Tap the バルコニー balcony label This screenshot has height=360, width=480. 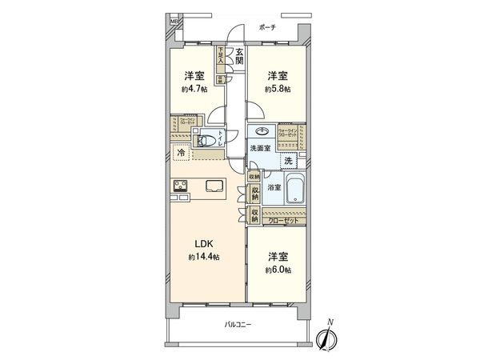click(238, 324)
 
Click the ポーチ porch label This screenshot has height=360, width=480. click(267, 27)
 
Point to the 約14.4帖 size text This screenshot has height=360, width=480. click(204, 258)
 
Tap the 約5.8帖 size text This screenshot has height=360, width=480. click(278, 89)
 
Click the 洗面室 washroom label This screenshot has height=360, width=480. click(261, 149)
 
